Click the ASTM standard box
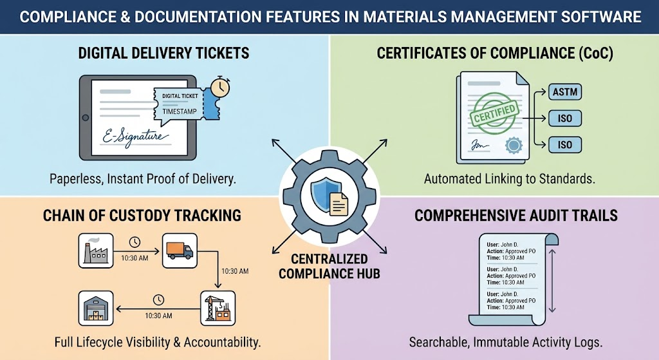[565, 93]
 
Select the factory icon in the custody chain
[95, 251]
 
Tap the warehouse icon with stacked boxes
[95, 308]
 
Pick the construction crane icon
[216, 308]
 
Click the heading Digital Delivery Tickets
[163, 53]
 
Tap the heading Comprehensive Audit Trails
[515, 215]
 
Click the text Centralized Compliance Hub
[329, 266]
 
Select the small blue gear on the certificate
[513, 146]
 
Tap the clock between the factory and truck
[135, 243]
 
